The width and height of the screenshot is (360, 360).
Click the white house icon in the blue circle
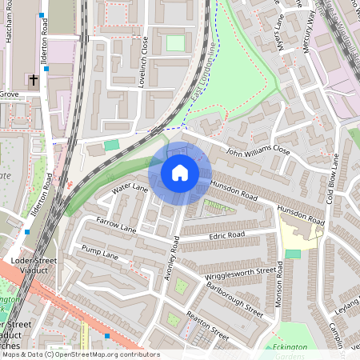179,173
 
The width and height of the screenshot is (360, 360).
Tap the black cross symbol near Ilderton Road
34,80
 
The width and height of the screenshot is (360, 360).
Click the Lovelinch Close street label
146,62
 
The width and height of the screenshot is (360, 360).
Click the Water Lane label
130,189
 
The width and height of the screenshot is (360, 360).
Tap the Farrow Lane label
117,224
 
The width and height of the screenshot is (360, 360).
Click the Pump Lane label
100,254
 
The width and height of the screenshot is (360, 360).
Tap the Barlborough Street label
233,299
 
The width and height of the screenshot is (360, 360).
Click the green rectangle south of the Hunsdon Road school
293,254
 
